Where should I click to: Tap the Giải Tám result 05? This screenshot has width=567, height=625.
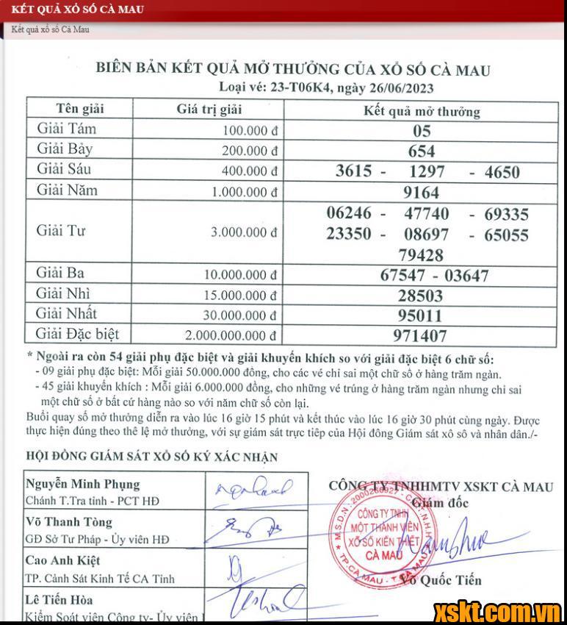422,132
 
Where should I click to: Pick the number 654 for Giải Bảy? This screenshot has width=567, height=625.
422,151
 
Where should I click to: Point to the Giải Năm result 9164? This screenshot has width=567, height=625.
422,193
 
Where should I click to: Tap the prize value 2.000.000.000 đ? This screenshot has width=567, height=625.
231,335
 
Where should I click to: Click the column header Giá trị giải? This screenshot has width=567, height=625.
209,110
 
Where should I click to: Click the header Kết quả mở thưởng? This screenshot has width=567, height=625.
422,112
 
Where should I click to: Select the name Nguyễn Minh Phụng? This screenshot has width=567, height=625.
82,485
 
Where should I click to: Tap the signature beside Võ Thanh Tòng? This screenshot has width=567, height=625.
250,529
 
